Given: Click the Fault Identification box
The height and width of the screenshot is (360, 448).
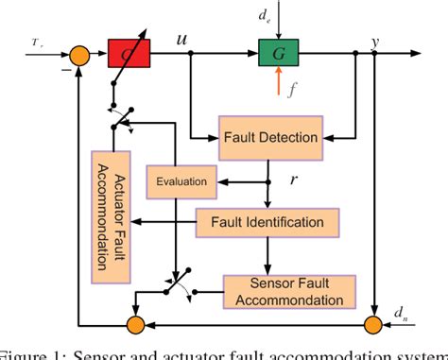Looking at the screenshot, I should point(267,223).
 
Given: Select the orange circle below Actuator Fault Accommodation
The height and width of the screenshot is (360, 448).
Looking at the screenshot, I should point(137,326).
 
